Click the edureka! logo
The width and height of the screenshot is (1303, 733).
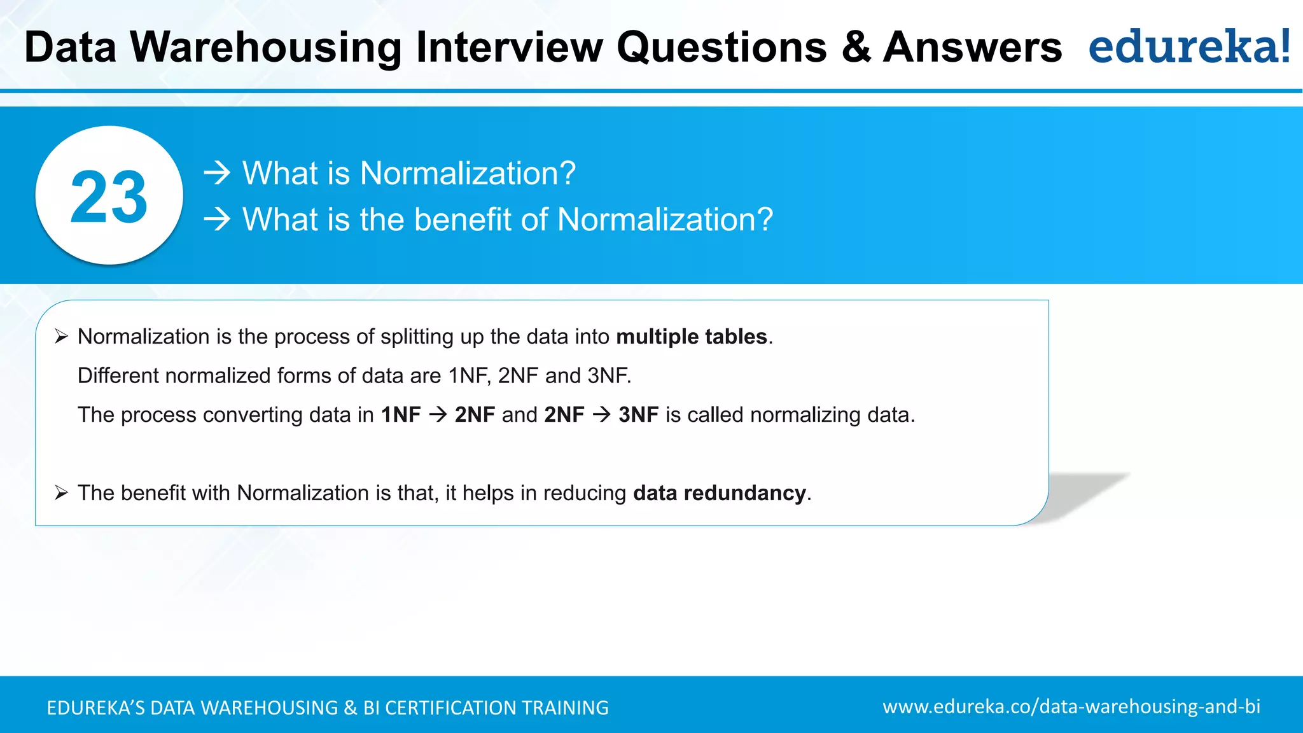[x=1188, y=47]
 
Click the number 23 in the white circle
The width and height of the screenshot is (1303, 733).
[x=109, y=197]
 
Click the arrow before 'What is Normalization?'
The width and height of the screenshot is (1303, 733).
[x=217, y=173]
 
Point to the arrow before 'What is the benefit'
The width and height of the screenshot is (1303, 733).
[x=217, y=220]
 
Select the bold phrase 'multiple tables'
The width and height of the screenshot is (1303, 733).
[x=692, y=337]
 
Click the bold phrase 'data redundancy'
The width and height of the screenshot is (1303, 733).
[x=720, y=493]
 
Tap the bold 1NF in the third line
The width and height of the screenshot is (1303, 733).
[x=401, y=415]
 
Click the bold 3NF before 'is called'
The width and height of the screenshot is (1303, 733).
[x=638, y=415]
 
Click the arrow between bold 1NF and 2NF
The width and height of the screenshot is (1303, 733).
[x=438, y=415]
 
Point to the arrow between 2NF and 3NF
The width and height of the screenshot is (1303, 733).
[x=601, y=415]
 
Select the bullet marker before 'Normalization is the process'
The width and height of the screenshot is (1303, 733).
[x=61, y=337]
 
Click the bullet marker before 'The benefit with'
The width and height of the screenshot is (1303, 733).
[x=61, y=493]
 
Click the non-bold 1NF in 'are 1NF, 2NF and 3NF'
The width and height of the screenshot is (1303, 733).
[x=468, y=376]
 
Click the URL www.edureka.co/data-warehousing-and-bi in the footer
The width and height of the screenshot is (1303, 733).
[x=1071, y=707]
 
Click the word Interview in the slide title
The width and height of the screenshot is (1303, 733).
[x=509, y=48]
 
